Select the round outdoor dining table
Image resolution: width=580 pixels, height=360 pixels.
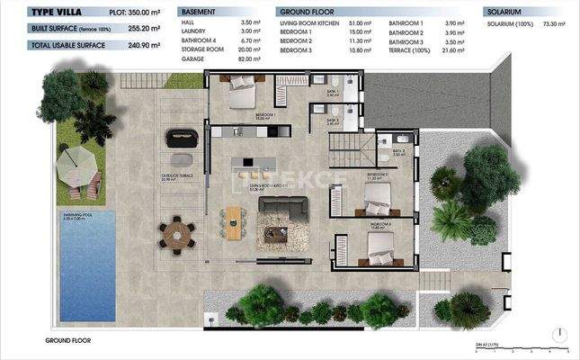pyautogui.click(x=177, y=234)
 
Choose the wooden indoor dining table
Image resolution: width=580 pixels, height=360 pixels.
pyautogui.click(x=235, y=220)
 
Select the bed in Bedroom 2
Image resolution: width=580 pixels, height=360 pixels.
pyautogui.click(x=374, y=193)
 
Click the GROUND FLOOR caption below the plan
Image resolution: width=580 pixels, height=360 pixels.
pyautogui.click(x=67, y=341)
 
